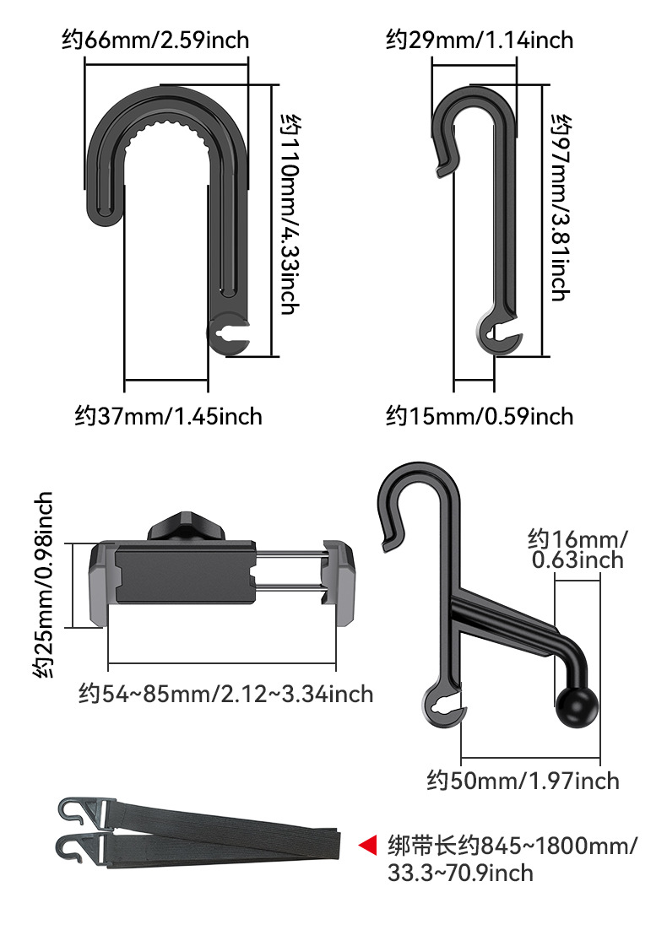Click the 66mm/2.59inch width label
click(x=155, y=41)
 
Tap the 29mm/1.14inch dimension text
click(x=480, y=41)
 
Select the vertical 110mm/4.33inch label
click(x=290, y=214)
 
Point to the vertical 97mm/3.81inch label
click(x=561, y=208)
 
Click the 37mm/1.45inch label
click(x=169, y=416)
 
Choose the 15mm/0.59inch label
click(x=480, y=416)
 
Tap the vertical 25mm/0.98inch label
click(x=43, y=584)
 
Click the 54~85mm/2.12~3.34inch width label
click(x=226, y=694)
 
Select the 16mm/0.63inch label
click(x=577, y=550)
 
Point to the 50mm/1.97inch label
click(x=523, y=781)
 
